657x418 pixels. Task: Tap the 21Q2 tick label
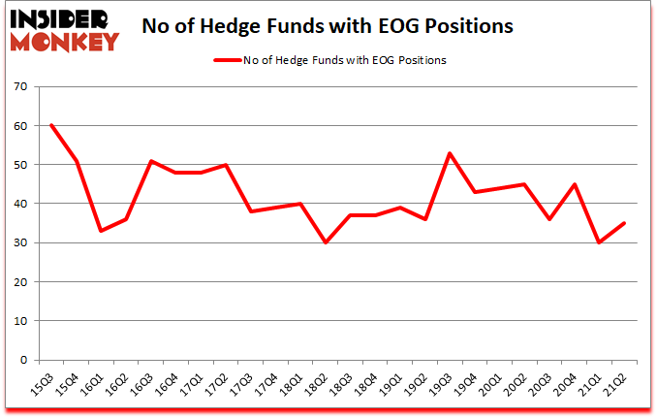pos(614,384)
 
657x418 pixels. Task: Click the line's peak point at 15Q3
pos(51,125)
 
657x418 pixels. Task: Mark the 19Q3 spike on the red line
pos(450,153)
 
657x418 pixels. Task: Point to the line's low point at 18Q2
pos(325,242)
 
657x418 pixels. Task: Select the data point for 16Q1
pos(101,231)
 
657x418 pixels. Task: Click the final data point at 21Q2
pos(624,223)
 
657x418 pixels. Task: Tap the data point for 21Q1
pos(599,242)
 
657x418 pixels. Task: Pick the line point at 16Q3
pos(150,161)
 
